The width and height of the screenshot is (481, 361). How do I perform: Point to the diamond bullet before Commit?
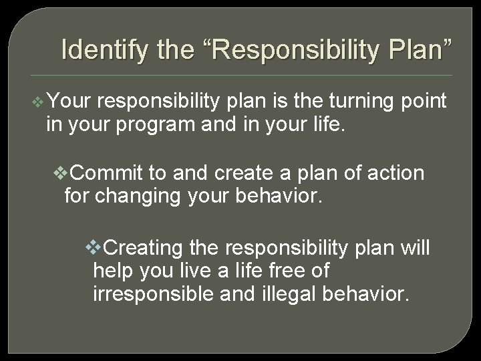[x=60, y=174]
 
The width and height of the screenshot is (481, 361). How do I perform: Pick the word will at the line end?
[x=415, y=248]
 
